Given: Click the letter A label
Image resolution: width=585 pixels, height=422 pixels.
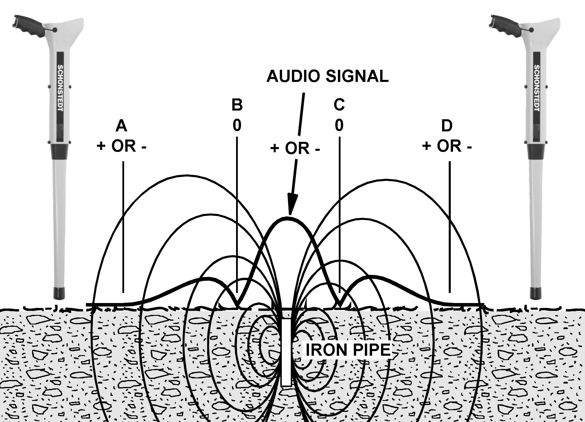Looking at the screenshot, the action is point(121,126).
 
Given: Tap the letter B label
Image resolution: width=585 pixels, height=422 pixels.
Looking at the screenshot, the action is point(237,105).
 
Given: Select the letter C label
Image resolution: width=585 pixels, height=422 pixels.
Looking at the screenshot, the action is point(339,104).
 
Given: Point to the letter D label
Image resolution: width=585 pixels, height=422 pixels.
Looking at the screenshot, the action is point(447,126).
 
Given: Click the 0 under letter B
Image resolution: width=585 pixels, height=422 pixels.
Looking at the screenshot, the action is point(237,125).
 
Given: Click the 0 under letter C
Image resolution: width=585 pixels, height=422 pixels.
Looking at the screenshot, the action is point(339,125).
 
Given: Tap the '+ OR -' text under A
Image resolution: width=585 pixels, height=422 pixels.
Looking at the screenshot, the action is point(122,146).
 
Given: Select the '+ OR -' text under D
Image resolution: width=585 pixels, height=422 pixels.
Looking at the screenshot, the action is point(447,146).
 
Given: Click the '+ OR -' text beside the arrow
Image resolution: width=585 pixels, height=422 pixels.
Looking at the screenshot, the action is point(295,148).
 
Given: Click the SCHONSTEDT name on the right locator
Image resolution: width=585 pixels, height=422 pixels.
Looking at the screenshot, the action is point(536,88).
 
